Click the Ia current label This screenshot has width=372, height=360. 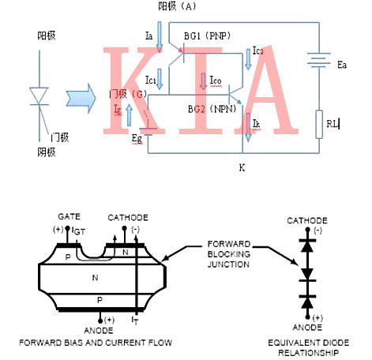tap(149, 36)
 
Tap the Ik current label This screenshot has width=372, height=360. tap(256, 123)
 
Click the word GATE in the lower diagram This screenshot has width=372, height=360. tap(69, 216)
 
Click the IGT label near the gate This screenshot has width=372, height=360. tap(79, 231)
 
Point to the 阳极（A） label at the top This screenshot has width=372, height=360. tap(176, 6)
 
